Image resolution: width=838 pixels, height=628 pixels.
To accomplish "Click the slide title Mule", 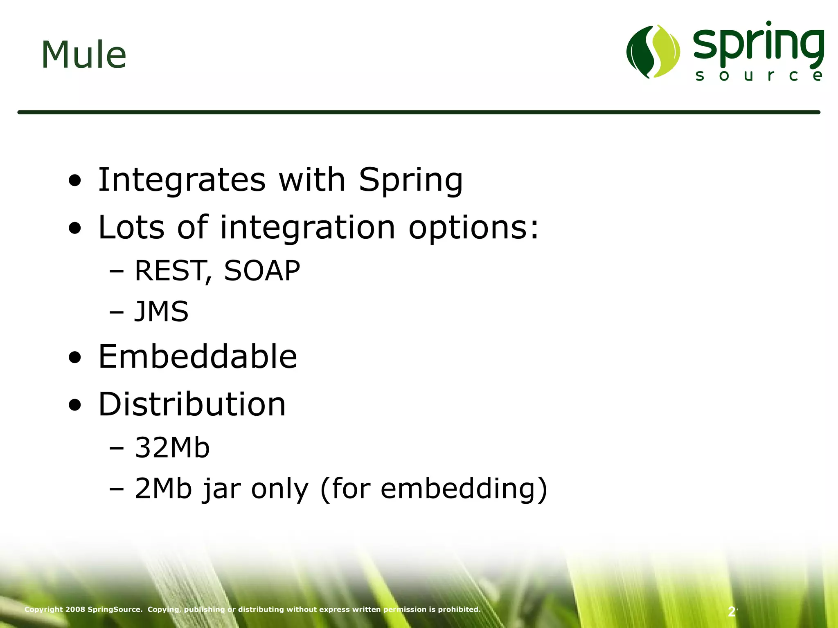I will click(84, 55).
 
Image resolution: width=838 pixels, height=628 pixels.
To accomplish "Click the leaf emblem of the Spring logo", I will click(653, 52).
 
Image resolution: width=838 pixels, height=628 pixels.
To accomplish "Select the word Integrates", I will click(182, 180).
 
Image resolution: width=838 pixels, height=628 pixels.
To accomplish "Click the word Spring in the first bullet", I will click(411, 181).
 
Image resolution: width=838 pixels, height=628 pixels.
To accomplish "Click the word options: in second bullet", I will click(474, 228).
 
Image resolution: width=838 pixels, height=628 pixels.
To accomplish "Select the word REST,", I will click(173, 271).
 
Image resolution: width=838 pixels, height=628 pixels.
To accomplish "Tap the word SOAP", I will click(262, 271).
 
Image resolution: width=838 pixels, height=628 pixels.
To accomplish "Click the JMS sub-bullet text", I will click(161, 312).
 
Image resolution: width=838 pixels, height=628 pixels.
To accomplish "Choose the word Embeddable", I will click(198, 357).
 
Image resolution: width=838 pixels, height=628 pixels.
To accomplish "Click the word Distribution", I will click(192, 404).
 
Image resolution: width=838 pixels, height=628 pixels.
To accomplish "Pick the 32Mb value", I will click(172, 447).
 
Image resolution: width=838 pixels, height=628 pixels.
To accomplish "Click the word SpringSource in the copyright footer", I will click(115, 609).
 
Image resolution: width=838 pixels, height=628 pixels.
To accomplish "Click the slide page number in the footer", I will click(732, 612).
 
